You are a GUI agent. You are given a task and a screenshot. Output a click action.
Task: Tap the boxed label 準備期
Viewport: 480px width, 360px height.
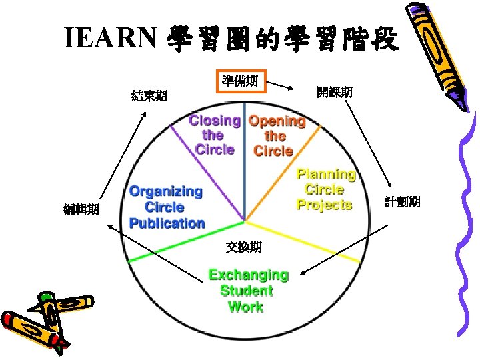click(x=240, y=81)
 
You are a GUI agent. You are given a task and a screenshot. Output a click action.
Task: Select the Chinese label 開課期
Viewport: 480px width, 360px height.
click(x=335, y=93)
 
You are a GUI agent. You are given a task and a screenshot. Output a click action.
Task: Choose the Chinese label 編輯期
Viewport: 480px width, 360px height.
click(x=81, y=210)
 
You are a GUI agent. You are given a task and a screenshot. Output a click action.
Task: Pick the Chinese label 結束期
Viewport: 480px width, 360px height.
click(x=149, y=96)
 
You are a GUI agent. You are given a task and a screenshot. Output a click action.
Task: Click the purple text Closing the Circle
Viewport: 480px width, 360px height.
click(x=215, y=135)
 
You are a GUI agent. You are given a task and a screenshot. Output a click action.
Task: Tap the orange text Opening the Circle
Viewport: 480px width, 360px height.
click(x=276, y=136)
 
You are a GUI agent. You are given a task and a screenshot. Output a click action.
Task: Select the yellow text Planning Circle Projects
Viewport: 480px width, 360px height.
click(x=325, y=190)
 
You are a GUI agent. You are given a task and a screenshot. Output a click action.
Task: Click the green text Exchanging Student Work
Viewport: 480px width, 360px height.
click(x=247, y=291)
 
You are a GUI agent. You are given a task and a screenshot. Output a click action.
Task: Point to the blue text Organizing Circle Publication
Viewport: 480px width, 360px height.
click(x=166, y=207)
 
